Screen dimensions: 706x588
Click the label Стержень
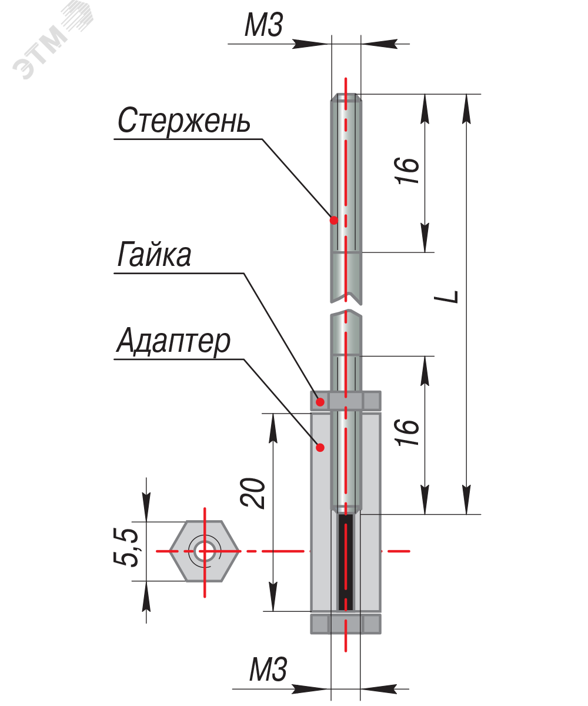click(x=184, y=121)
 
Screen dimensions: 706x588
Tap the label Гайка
click(x=154, y=255)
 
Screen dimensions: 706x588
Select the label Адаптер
click(x=173, y=341)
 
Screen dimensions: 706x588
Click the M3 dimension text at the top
click(x=264, y=26)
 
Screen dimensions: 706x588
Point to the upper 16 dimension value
click(x=409, y=171)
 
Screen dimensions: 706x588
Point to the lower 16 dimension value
click(x=409, y=432)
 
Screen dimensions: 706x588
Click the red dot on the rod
click(x=333, y=221)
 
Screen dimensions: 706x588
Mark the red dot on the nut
click(x=320, y=402)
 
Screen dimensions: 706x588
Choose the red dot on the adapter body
click(x=320, y=448)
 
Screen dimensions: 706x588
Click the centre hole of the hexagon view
click(x=205, y=551)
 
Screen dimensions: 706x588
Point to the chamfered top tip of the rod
click(x=346, y=98)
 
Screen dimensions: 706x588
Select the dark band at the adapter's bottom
click(x=346, y=623)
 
